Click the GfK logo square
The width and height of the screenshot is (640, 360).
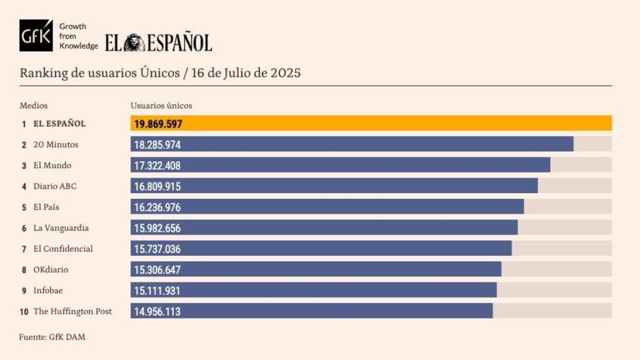pos(36,36)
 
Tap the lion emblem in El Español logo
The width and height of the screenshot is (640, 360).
pos(134,42)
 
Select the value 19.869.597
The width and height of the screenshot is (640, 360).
pos(158,124)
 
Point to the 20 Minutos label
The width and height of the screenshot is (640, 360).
pos(56,144)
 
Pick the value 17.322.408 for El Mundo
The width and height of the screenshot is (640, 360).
pos(157,166)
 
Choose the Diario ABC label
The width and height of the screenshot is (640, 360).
pos(55,186)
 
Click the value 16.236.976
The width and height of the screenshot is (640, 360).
pos(157,207)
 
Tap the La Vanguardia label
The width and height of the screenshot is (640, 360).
pos(61,228)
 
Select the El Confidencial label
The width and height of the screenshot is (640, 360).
pos(63,249)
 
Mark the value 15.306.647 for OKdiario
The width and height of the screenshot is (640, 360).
pos(157,269)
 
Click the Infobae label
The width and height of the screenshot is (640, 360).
pos(48,290)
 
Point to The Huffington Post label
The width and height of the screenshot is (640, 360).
pos(72,311)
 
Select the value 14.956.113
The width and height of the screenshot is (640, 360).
pos(157,311)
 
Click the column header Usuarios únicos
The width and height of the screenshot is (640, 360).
pos(161,106)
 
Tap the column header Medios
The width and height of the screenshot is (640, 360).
pos(34,106)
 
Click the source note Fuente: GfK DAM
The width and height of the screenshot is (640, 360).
pos(52,337)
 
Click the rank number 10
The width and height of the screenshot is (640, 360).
pos(24,311)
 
